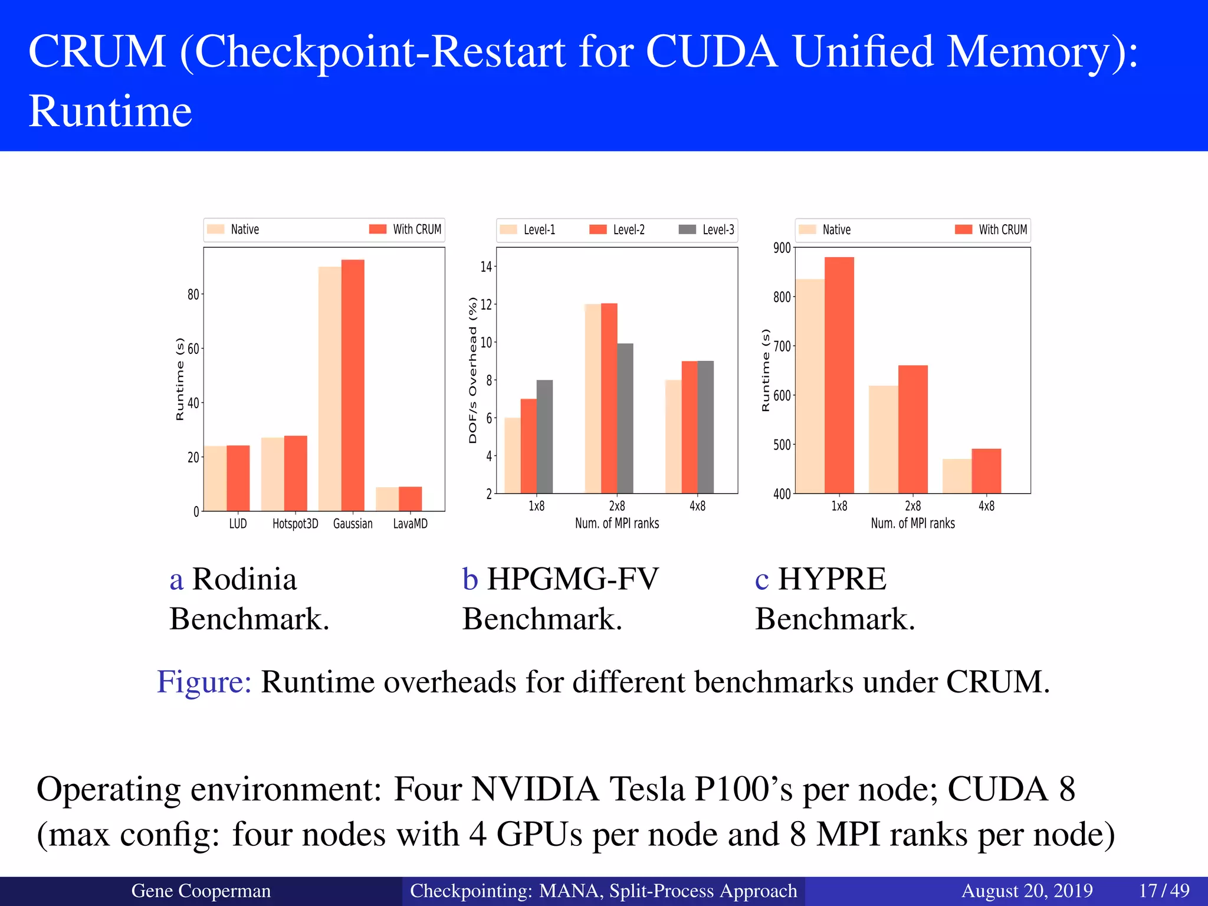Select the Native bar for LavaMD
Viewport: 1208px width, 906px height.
click(x=387, y=499)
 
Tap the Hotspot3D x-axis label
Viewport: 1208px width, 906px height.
click(x=295, y=524)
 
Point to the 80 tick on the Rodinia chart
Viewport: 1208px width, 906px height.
click(x=193, y=294)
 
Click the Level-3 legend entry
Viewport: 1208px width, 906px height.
click(x=707, y=229)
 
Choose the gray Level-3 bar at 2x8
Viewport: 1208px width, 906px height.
click(x=625, y=418)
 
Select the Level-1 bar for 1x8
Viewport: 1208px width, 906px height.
click(x=513, y=455)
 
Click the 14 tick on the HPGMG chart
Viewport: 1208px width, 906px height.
click(x=485, y=267)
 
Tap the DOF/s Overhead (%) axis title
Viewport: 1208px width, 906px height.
click(x=472, y=370)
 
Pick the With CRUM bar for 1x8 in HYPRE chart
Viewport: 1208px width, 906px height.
click(x=839, y=375)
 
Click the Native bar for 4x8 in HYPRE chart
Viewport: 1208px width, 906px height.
click(x=957, y=476)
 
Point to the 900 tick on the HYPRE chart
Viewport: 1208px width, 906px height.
click(x=782, y=248)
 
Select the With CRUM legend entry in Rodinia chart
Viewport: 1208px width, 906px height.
click(x=405, y=229)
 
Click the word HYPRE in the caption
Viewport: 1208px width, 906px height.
click(x=832, y=579)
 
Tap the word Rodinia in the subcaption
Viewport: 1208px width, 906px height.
click(x=244, y=579)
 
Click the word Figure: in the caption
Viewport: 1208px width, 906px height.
click(x=204, y=682)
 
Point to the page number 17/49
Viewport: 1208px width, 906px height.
click(x=1164, y=890)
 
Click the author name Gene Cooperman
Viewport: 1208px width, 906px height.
click(x=201, y=891)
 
